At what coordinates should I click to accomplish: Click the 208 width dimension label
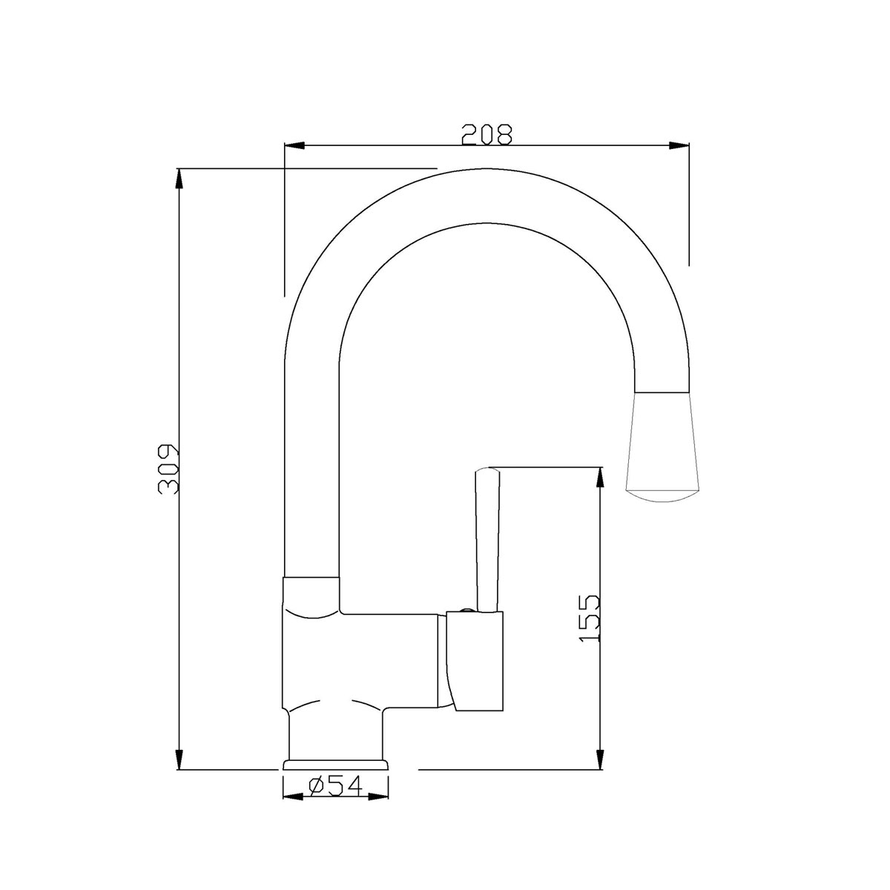click(x=487, y=134)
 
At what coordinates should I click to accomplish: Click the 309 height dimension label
click(x=168, y=469)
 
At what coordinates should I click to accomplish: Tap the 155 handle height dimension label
click(x=589, y=618)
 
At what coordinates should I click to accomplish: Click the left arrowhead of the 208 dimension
click(x=295, y=145)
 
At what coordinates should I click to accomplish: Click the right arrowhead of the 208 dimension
click(x=679, y=145)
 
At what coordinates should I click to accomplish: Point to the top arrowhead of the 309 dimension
click(x=179, y=179)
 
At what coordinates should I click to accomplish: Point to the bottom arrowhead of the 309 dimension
click(x=179, y=758)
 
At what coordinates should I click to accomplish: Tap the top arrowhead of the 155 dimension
click(x=600, y=478)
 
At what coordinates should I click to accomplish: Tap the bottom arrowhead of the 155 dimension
click(x=600, y=758)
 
